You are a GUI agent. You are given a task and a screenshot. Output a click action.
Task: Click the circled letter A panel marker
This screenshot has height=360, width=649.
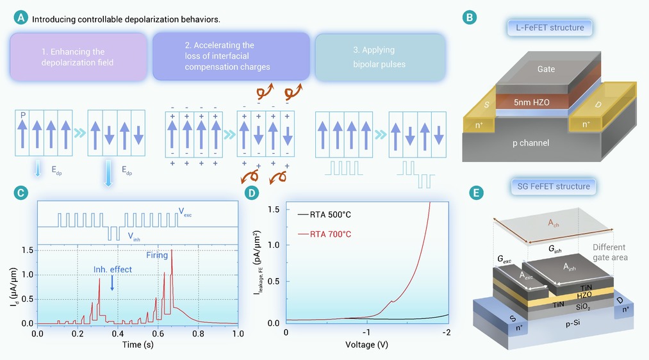pos(21,18)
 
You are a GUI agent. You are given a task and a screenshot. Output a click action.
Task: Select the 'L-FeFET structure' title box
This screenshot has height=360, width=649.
pos(550,28)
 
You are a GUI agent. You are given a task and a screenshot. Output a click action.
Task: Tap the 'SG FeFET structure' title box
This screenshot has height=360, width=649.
pos(554,186)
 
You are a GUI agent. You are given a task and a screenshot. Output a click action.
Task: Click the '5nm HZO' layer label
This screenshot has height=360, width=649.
pos(532,102)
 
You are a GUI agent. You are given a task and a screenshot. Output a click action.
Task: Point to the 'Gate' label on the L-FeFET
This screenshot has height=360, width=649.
pos(546,69)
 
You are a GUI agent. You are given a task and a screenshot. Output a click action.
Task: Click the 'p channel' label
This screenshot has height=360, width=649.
pos(530,143)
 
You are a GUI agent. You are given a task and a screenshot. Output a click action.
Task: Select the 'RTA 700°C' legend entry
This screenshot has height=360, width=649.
pos(324,234)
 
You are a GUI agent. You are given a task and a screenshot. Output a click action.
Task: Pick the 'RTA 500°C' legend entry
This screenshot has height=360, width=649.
pos(324,215)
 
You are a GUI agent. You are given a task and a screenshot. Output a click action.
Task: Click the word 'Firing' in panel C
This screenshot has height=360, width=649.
pos(157,255)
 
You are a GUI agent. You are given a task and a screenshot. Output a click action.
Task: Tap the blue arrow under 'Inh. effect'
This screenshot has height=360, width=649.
pos(112,283)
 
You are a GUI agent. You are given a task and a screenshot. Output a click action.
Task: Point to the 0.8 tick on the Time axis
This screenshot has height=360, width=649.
pos(198,334)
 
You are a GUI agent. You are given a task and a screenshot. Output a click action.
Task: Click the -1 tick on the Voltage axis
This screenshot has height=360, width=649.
pos(366,332)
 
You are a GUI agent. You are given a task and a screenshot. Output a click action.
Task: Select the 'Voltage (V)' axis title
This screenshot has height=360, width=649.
pos(366,344)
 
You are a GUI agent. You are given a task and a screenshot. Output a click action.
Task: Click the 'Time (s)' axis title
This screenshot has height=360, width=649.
pos(138,344)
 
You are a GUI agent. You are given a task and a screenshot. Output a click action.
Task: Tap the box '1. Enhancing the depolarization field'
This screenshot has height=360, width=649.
pos(79,57)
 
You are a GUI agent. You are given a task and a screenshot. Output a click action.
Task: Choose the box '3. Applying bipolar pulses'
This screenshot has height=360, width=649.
pos(380,57)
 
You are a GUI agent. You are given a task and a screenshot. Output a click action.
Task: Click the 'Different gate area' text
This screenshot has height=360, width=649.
pos(610,252)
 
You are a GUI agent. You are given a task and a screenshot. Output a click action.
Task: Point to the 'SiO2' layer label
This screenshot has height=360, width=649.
pos(583,307)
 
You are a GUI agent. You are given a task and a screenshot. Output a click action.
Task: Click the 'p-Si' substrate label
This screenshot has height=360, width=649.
pos(572,323)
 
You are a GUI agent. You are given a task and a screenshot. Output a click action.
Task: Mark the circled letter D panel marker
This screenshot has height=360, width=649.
pos(252,193)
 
